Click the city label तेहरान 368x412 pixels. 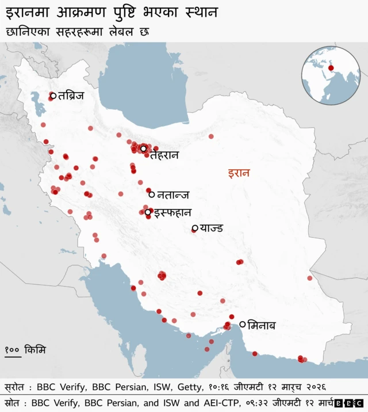164,155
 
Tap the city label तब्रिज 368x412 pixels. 71,96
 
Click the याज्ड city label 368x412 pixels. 211,229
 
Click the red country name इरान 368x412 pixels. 239,173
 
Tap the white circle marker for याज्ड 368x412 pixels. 195,229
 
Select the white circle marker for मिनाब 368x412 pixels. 243,325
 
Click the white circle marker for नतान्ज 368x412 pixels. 151,194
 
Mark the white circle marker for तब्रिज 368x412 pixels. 53,96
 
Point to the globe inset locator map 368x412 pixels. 331,75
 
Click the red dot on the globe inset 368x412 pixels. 331,68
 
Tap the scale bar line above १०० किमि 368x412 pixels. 13,356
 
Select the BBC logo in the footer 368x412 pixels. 348,403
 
